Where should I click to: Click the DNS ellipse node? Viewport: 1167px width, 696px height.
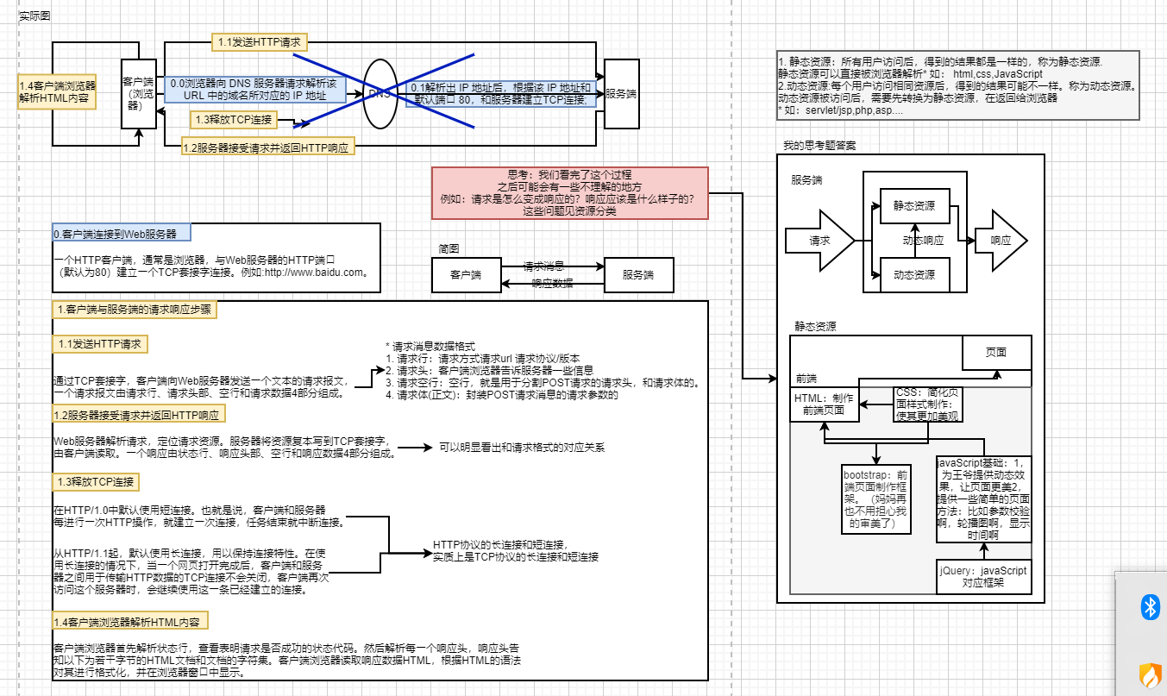(x=380, y=93)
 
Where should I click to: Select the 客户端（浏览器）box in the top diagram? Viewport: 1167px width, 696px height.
(x=139, y=93)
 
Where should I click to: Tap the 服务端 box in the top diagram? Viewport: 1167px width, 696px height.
(x=621, y=94)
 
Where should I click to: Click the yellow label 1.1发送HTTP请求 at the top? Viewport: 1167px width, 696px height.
(x=260, y=41)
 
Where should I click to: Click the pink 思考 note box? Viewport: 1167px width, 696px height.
(x=569, y=191)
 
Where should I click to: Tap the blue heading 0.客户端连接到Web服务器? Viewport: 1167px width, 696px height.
(x=121, y=234)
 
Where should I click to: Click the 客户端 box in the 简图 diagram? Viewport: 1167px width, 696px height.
(x=466, y=275)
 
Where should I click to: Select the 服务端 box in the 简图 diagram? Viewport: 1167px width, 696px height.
(x=638, y=275)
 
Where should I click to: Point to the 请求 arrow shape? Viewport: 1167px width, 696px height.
(x=818, y=241)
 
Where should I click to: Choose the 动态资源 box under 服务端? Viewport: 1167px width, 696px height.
(x=914, y=275)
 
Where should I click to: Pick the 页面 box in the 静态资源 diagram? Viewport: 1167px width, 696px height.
(x=996, y=352)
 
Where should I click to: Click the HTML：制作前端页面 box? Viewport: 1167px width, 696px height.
(x=825, y=404)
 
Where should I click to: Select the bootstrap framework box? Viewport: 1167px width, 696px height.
(x=875, y=498)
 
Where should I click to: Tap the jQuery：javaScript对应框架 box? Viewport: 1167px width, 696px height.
(x=983, y=576)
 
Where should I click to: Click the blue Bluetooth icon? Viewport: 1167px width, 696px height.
(x=1149, y=607)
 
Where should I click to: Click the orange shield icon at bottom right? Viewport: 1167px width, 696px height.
(x=1149, y=672)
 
